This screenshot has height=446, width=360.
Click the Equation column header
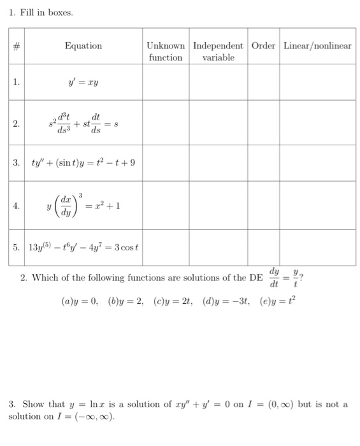click(83, 46)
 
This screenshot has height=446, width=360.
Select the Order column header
click(263, 46)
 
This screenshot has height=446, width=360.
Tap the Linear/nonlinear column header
click(317, 46)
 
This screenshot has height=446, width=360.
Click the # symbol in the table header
click(18, 46)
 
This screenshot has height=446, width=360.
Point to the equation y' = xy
click(83, 82)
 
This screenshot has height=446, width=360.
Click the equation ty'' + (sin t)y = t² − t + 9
click(83, 162)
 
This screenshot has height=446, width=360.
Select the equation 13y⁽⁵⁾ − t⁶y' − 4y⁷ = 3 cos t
click(80, 247)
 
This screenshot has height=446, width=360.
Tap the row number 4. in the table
click(18, 206)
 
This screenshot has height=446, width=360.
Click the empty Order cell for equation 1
click(263, 82)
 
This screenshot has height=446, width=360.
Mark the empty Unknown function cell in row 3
click(166, 162)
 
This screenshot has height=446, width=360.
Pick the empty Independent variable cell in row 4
click(218, 206)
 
